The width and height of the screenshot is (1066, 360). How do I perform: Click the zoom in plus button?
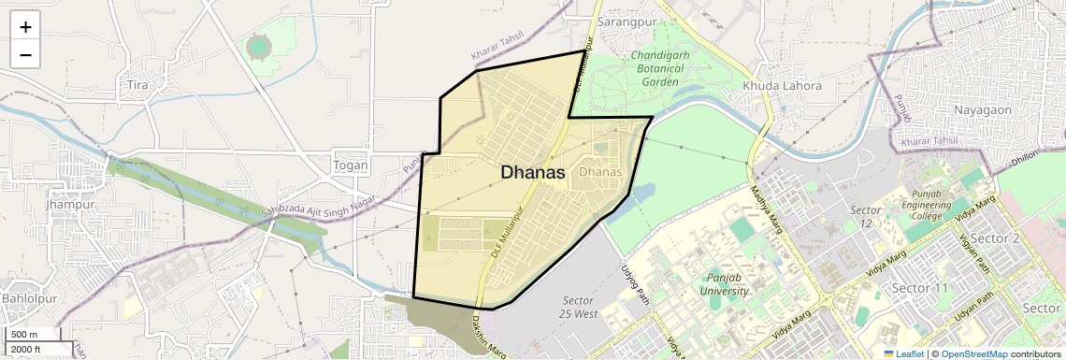click(25, 26)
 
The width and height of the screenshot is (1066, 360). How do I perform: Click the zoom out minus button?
click(25, 55)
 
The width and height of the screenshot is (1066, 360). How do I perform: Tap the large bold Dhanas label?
click(533, 172)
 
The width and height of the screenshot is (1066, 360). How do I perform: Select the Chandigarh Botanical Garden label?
click(660, 68)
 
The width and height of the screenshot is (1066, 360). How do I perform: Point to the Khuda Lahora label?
click(782, 86)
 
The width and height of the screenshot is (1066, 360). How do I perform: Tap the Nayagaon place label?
click(982, 109)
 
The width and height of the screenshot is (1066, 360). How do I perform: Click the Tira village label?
click(137, 85)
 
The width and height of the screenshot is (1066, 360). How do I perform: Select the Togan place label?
click(351, 166)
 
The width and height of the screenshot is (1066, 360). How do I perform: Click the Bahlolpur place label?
click(30, 298)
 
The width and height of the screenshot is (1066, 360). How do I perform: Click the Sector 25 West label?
click(579, 307)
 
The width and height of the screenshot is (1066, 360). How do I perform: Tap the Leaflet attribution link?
click(904, 354)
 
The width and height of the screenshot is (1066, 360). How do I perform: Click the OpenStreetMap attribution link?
click(973, 354)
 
